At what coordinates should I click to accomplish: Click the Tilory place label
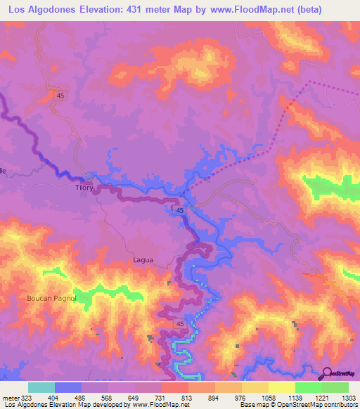[x=84, y=188]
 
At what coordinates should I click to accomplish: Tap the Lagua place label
[x=143, y=259]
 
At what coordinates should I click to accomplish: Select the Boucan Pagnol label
[x=50, y=298]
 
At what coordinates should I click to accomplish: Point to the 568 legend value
[x=106, y=398]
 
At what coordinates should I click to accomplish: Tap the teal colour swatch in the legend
[x=41, y=387]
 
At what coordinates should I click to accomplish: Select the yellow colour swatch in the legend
[x=281, y=387]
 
